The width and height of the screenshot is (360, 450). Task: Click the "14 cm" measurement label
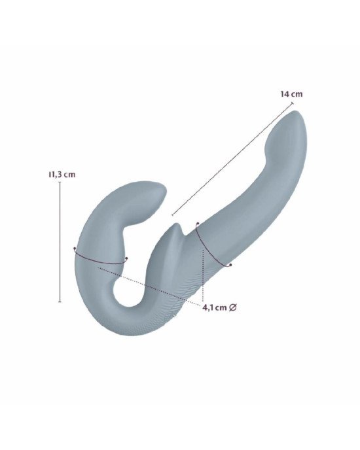tap(291, 94)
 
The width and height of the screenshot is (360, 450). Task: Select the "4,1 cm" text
tap(215, 307)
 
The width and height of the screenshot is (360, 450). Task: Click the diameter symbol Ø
tap(233, 307)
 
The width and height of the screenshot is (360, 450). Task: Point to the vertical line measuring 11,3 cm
tap(60, 242)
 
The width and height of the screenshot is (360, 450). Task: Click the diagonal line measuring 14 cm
tap(232, 159)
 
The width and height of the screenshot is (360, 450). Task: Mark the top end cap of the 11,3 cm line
tap(60, 182)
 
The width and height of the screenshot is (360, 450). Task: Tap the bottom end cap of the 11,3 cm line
tap(60, 302)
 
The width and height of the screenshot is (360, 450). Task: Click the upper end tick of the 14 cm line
tap(293, 103)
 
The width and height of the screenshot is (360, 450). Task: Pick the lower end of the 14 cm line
tap(172, 215)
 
